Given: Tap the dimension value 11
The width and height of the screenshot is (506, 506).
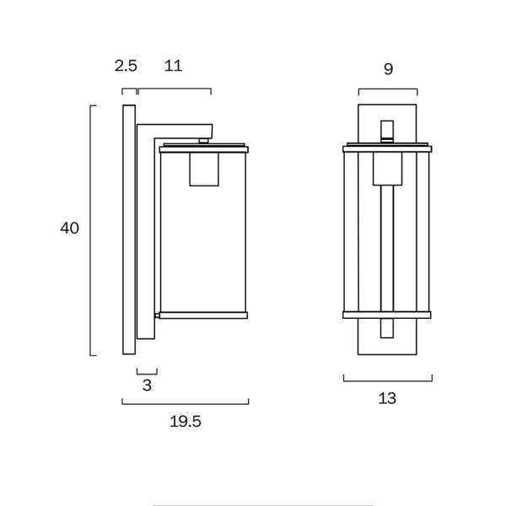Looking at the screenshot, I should coord(173,66).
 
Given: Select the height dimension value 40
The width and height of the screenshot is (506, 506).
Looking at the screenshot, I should coord(69,229).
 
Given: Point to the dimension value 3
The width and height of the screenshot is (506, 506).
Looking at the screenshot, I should coord(147,386).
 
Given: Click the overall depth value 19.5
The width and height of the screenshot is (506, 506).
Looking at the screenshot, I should coord(186,422).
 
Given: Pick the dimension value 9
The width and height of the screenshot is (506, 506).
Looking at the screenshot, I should coord(388,69).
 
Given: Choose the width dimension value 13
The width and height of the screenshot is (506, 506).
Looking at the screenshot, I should coord(388,398).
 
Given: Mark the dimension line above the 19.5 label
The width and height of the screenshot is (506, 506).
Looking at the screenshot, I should coord(186,403).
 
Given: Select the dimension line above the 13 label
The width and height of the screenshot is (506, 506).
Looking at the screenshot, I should coord(388,379).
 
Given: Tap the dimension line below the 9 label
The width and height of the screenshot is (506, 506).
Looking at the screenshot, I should coord(388,90).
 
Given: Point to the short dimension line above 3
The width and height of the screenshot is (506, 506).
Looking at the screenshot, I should coord(147,370).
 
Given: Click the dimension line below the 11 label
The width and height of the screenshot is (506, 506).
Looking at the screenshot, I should coord(174,89).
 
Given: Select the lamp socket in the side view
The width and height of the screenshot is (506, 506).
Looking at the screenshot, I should coord(204,169).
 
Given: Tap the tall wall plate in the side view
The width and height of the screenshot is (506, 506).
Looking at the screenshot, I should coord(129,229).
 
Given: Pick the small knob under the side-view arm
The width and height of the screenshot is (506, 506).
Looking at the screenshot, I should coord(204,137).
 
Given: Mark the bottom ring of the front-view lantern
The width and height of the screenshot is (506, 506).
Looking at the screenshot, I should coord(387,315).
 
